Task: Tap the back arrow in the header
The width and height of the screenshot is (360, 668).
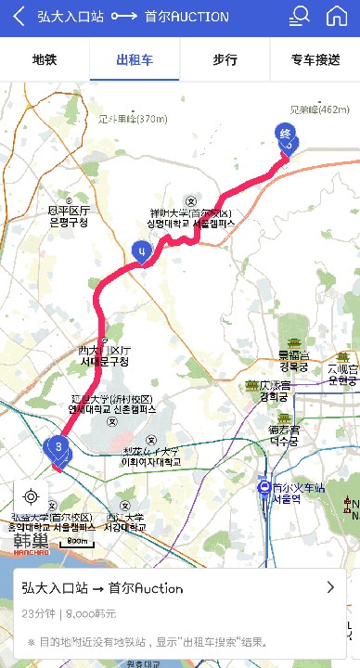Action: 19,17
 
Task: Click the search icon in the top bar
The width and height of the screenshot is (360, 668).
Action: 300,16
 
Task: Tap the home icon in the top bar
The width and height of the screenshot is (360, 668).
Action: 337,16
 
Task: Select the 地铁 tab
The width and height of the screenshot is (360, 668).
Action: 45,60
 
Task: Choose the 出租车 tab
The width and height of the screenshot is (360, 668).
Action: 135,60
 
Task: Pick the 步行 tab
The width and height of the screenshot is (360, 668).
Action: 225,60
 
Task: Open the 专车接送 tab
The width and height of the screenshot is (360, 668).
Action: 315,60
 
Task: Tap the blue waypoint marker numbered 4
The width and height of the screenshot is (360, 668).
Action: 141,250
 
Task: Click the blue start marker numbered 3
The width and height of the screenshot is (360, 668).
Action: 59,449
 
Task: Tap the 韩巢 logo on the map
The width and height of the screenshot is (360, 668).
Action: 33,540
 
